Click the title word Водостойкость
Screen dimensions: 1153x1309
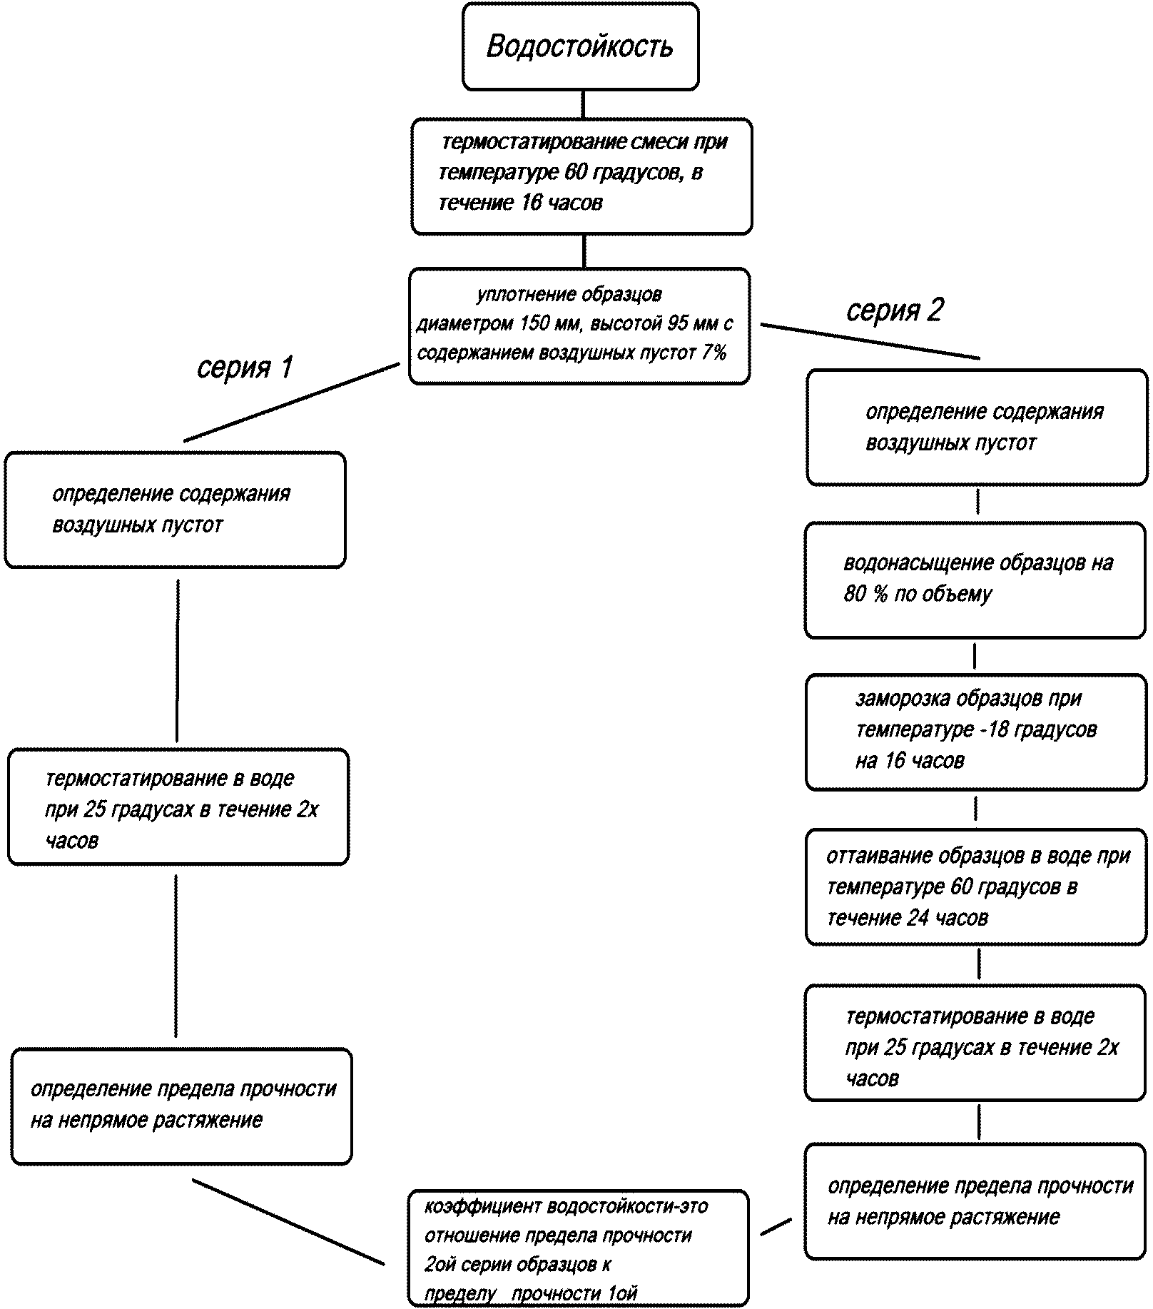coord(579,47)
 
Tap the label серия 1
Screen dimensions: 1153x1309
coord(245,367)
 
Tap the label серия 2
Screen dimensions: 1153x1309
coord(895,310)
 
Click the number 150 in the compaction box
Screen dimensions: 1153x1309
coord(535,323)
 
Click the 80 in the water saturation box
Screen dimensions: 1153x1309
coord(855,594)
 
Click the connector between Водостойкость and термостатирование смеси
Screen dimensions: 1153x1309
coord(583,104)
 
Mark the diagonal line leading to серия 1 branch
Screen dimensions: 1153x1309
coord(292,402)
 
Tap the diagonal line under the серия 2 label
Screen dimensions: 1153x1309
coord(870,341)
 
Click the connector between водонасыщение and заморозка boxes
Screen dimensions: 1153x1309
coord(975,656)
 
